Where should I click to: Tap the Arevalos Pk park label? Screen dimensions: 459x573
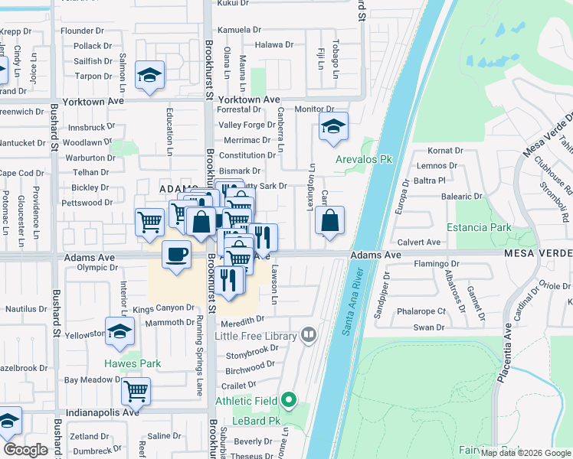pyautogui.click(x=364, y=159)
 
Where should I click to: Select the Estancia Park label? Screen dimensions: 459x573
pyautogui.click(x=480, y=227)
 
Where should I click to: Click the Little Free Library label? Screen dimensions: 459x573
pyautogui.click(x=255, y=335)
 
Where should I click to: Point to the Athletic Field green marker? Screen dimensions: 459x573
pyautogui.click(x=289, y=399)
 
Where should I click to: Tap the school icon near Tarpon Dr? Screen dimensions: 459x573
pyautogui.click(x=150, y=75)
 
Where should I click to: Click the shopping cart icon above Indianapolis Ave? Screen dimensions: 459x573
pyautogui.click(x=136, y=390)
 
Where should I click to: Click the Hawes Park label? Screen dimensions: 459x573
pyautogui.click(x=133, y=363)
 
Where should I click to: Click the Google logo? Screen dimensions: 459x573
pyautogui.click(x=25, y=450)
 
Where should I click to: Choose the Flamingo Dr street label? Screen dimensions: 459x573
pyautogui.click(x=434, y=264)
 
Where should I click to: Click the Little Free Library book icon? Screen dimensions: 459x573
pyautogui.click(x=308, y=334)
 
